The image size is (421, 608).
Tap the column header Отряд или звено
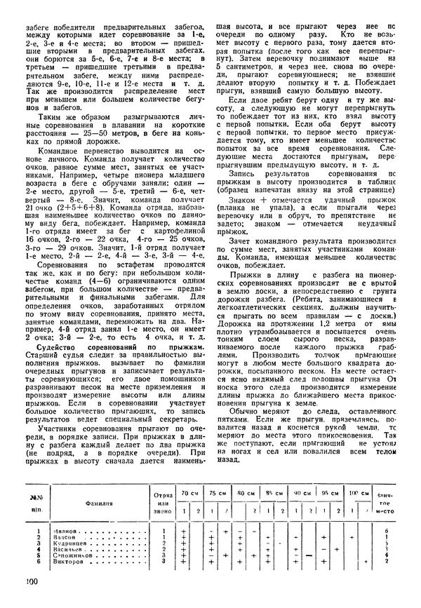click(x=162, y=502)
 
